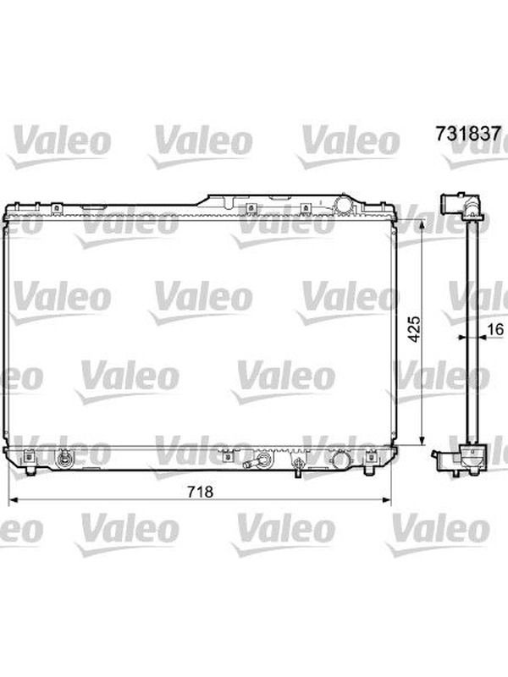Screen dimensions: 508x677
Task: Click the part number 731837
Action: click(468, 134)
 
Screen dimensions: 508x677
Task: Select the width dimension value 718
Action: click(201, 492)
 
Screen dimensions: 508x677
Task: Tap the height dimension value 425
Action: click(414, 329)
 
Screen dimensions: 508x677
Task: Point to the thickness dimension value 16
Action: click(496, 329)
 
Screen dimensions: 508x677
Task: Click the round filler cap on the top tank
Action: click(344, 205)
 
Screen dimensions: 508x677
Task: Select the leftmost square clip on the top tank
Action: click(56, 208)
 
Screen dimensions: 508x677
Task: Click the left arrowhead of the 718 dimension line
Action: click(14, 500)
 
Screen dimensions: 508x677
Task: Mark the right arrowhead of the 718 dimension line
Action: click(385, 500)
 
